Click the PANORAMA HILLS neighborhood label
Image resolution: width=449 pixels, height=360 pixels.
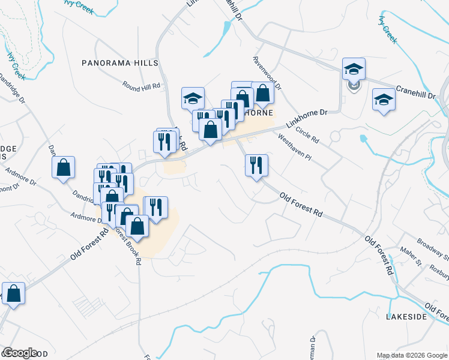point(120,62)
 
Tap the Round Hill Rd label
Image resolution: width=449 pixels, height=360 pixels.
point(142,86)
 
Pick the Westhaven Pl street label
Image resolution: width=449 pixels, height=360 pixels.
point(295,147)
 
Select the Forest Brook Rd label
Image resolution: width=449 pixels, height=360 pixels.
point(132,245)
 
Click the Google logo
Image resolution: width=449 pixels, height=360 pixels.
point(20,353)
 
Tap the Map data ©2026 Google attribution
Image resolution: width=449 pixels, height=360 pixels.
point(412,355)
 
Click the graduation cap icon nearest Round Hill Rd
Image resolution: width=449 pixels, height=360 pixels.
point(193,98)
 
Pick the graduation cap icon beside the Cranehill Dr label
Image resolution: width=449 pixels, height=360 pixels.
point(384,100)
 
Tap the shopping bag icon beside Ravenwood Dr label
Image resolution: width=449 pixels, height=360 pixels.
point(262,92)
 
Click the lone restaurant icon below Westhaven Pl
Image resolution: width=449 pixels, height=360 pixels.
point(256,165)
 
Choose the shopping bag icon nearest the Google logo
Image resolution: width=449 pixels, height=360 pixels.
point(14,294)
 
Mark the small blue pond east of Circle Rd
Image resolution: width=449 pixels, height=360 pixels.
point(364,139)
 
